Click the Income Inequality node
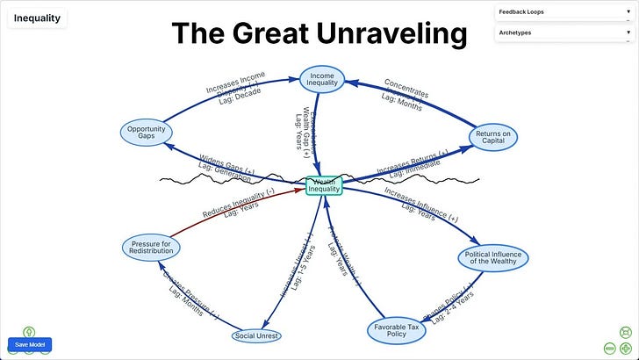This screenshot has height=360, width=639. pos(322,79)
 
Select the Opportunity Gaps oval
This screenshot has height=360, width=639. pos(145,132)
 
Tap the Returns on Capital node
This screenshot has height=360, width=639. pos(493,137)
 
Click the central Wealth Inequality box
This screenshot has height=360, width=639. pos(323,185)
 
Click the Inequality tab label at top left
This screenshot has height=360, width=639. pos(37,18)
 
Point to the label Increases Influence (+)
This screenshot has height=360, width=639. pos(420,201)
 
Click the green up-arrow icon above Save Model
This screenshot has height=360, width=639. pos(28,332)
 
